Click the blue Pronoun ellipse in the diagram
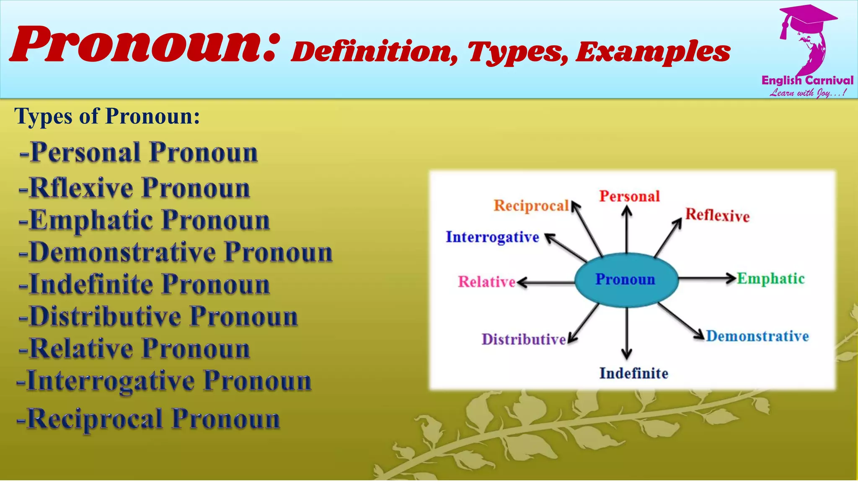(626, 279)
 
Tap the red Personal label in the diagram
(629, 196)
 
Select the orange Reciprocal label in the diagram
(531, 206)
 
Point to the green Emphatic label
(771, 279)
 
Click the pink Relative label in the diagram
(486, 282)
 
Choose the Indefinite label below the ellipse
(633, 373)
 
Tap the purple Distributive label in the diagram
(524, 339)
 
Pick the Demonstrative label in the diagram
(757, 336)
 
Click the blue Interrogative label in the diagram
(492, 237)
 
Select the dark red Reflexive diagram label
(717, 215)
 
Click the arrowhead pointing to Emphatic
(731, 278)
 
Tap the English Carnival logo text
(807, 80)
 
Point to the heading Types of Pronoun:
(107, 116)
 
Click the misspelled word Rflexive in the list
(81, 188)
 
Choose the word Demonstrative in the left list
(123, 252)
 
